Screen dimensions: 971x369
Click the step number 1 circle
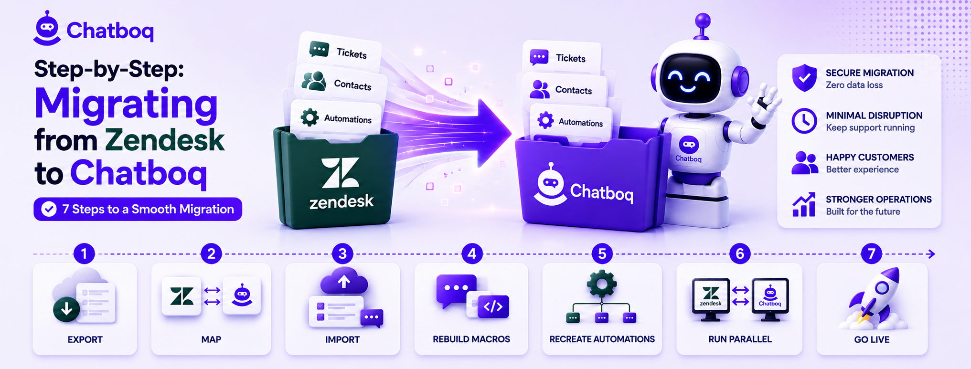84,253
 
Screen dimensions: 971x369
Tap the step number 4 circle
472,253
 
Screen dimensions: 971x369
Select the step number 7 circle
872,253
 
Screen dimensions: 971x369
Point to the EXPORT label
85,339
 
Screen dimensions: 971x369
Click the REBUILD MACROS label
471,339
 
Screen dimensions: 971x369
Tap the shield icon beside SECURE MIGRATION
804,78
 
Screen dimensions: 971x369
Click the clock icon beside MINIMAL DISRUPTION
804,121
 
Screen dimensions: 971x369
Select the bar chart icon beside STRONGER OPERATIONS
804,205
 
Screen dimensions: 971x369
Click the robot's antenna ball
703,21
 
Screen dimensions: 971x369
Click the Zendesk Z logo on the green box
340,173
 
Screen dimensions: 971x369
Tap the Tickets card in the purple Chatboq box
562,58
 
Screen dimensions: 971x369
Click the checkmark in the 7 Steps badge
49,209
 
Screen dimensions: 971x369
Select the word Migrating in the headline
126,105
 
